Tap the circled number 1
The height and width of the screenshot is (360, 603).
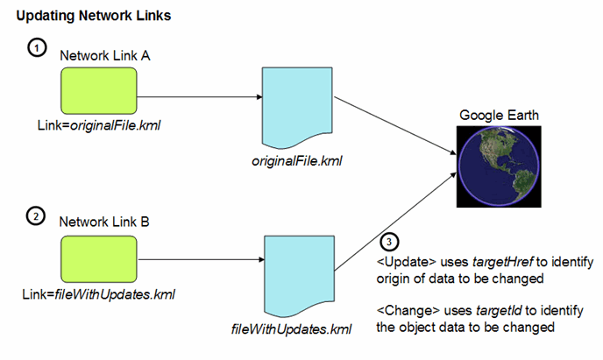(x=36, y=49)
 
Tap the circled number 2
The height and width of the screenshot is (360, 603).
(x=36, y=216)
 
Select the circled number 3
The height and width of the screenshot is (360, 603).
(x=390, y=241)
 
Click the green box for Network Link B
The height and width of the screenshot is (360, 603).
(x=99, y=258)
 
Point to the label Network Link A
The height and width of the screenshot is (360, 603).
(x=105, y=55)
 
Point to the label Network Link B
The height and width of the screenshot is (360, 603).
(x=105, y=222)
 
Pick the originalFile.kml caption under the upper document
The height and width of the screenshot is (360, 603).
(x=296, y=161)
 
